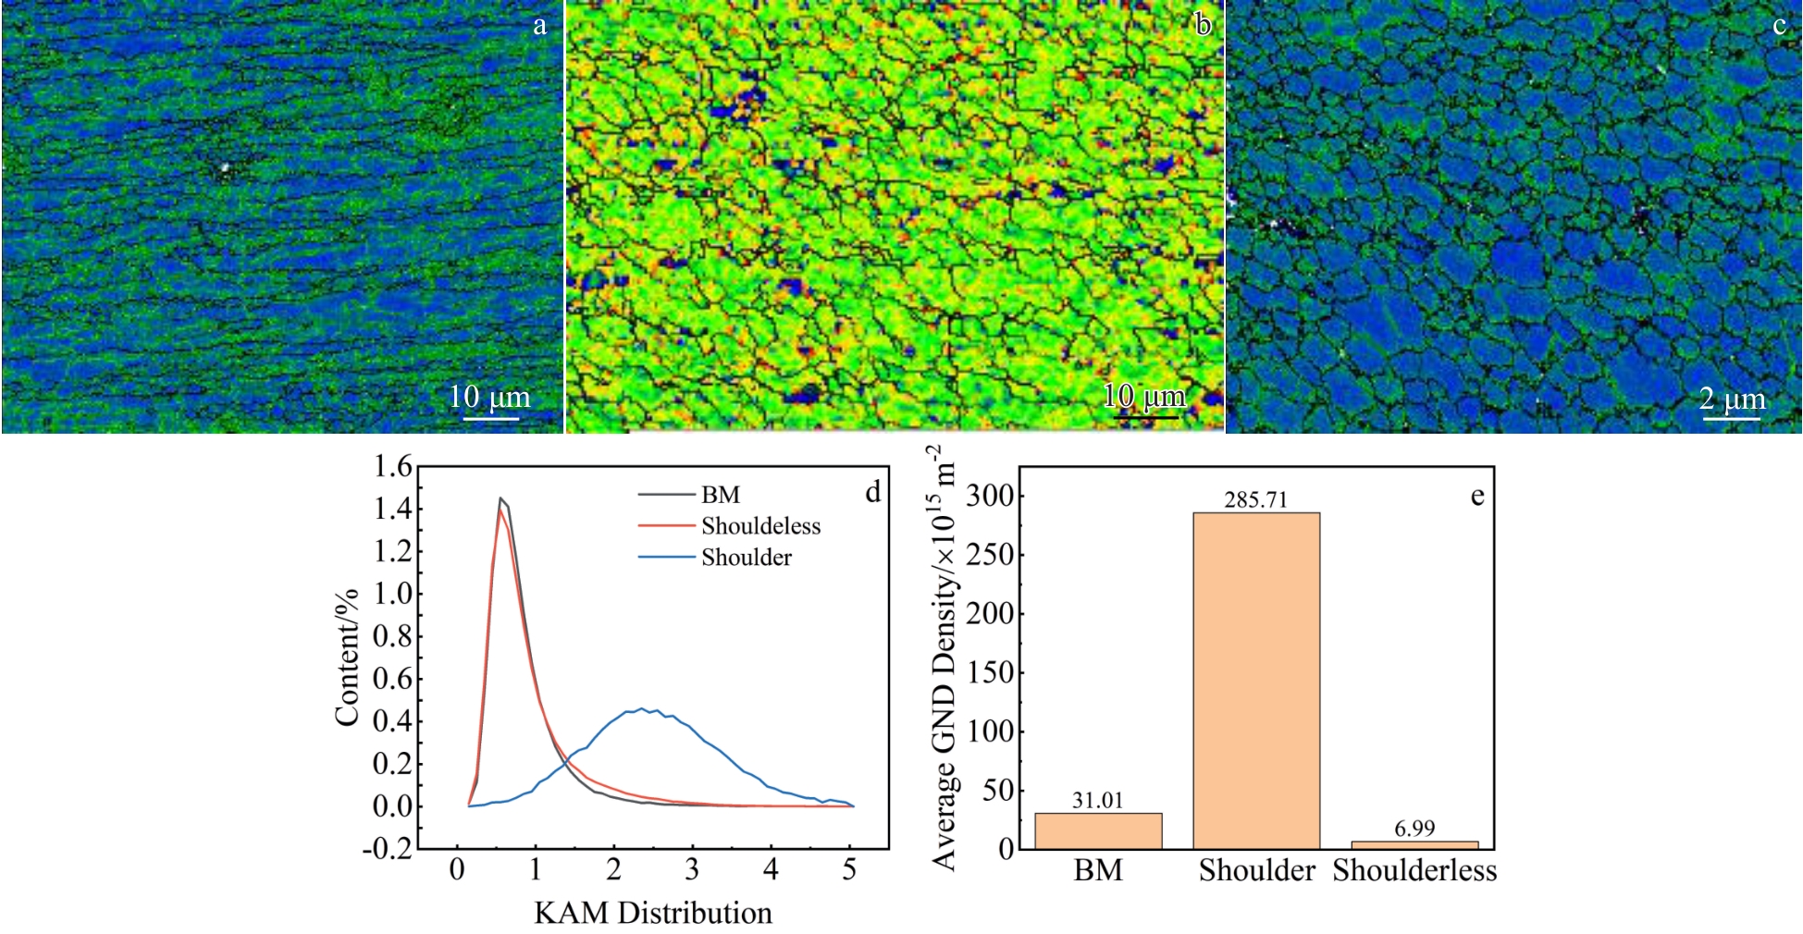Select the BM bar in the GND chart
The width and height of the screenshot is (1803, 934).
(1098, 830)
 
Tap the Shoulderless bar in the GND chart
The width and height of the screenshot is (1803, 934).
(1414, 844)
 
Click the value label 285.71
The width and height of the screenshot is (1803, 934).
(1255, 500)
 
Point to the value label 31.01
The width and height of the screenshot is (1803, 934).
(1098, 801)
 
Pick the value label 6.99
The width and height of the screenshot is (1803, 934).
(1414, 829)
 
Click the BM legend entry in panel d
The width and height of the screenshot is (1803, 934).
(720, 495)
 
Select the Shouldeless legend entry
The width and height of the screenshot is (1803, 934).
(760, 526)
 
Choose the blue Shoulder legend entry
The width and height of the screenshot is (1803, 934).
(746, 558)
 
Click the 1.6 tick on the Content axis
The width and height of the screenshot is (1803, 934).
(392, 467)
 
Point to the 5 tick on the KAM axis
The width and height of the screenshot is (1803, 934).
(849, 870)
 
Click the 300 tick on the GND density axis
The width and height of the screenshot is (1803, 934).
(990, 496)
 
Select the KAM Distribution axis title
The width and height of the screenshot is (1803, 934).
(652, 913)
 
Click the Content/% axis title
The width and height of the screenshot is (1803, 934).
(347, 657)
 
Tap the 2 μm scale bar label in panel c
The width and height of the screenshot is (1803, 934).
(1732, 399)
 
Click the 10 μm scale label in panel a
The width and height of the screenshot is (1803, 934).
(489, 398)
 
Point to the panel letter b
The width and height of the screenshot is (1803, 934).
(1203, 24)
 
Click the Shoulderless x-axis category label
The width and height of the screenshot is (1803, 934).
(1414, 870)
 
